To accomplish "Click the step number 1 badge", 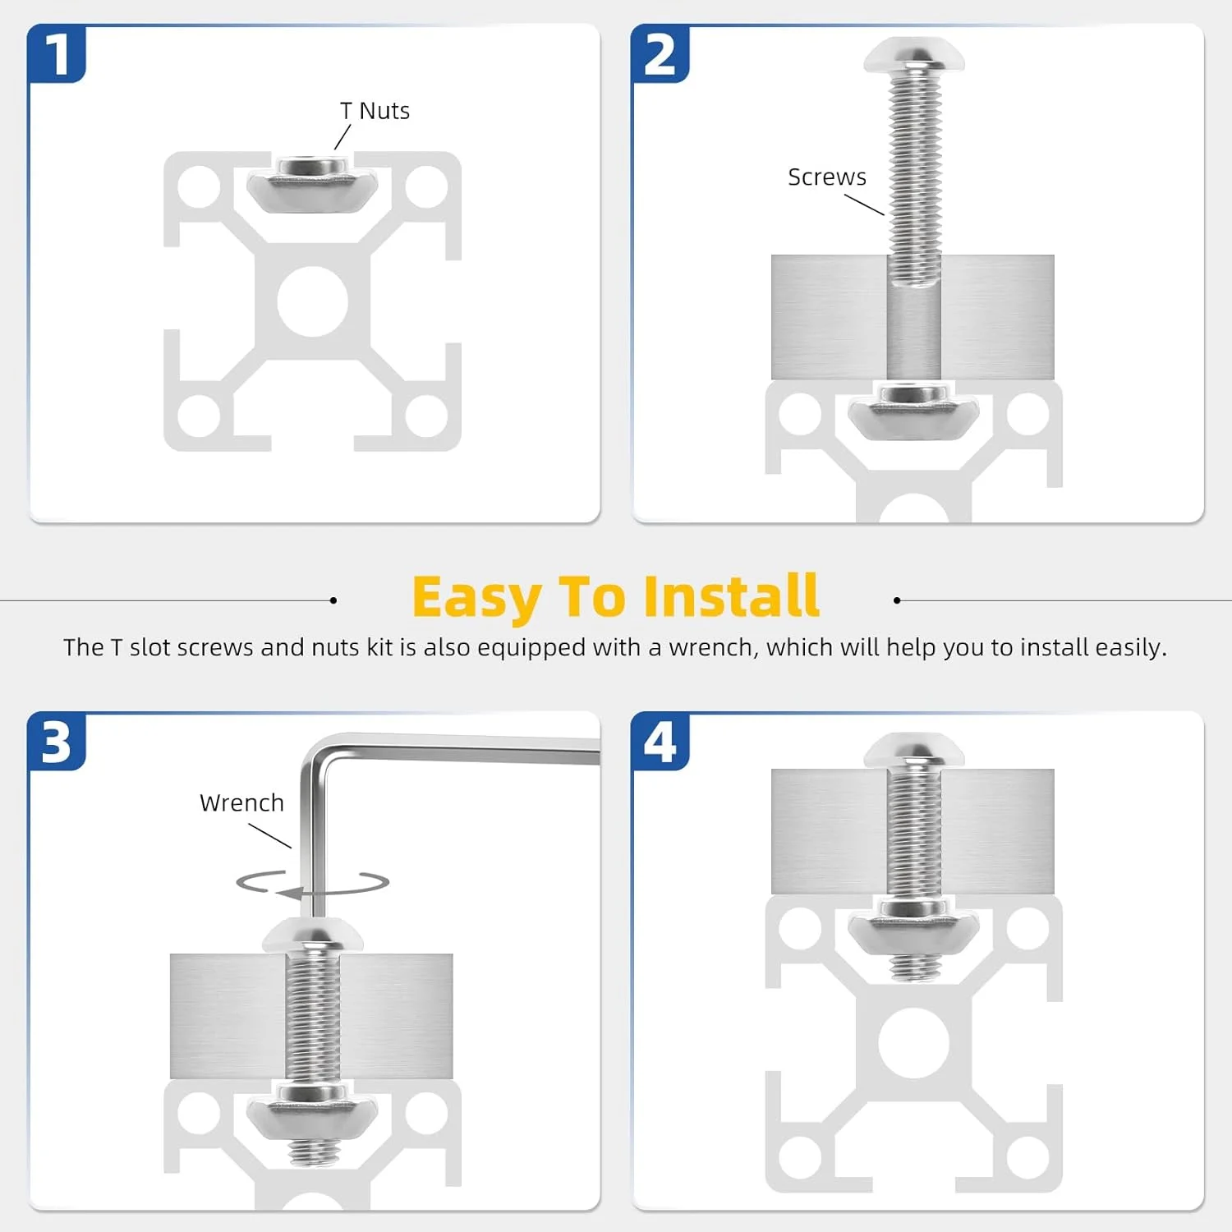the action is tap(57, 54).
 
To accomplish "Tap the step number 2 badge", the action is tap(660, 54).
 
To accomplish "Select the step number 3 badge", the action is tap(57, 742).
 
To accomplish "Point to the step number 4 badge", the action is tap(660, 742).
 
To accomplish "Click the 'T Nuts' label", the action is tap(375, 111).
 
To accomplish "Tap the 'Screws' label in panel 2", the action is tap(827, 177).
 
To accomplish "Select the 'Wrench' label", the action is tap(241, 803).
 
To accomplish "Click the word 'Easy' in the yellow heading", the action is tap(476, 597).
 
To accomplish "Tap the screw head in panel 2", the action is tap(914, 55).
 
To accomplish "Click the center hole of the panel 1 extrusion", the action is tap(312, 301).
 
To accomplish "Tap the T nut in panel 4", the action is tap(913, 929).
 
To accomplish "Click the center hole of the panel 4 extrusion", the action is tap(913, 1043).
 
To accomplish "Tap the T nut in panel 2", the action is tap(913, 411).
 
